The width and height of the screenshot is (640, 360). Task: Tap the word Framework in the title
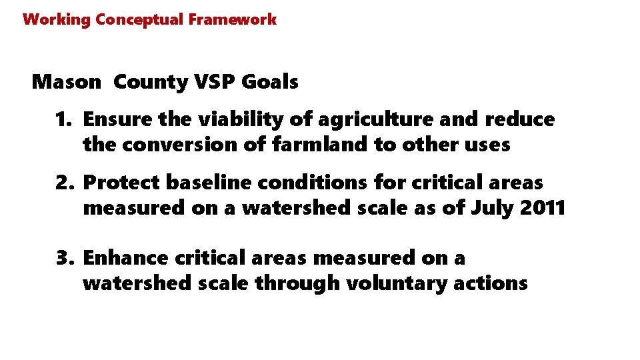pyautogui.click(x=232, y=19)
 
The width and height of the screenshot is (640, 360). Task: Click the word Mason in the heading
pyautogui.click(x=67, y=82)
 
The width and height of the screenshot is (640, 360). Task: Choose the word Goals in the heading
pyautogui.click(x=270, y=82)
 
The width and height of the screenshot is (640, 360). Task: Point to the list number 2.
pyautogui.click(x=64, y=183)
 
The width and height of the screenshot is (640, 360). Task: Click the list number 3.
pyautogui.click(x=64, y=258)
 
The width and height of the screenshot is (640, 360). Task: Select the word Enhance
pyautogui.click(x=125, y=258)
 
